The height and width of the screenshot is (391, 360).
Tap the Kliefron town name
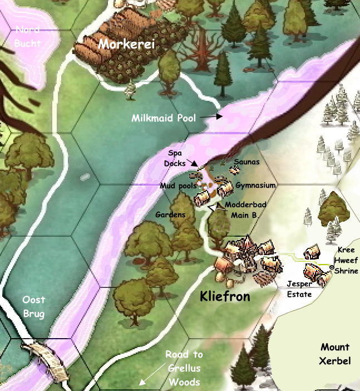point(225,296)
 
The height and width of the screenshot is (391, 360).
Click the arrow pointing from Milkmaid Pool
point(214,116)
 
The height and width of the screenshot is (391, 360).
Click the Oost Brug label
point(33,307)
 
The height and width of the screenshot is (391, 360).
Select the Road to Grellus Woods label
point(184,368)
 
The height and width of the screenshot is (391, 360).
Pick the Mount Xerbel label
point(335,354)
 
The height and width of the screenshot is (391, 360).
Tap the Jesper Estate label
point(299,289)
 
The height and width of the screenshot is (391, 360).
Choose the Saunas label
point(246,162)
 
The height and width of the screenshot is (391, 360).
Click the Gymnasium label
point(255,184)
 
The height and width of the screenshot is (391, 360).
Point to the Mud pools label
point(177,185)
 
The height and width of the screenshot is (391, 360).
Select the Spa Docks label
point(175,158)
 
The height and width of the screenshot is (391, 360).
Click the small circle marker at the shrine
point(331,268)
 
